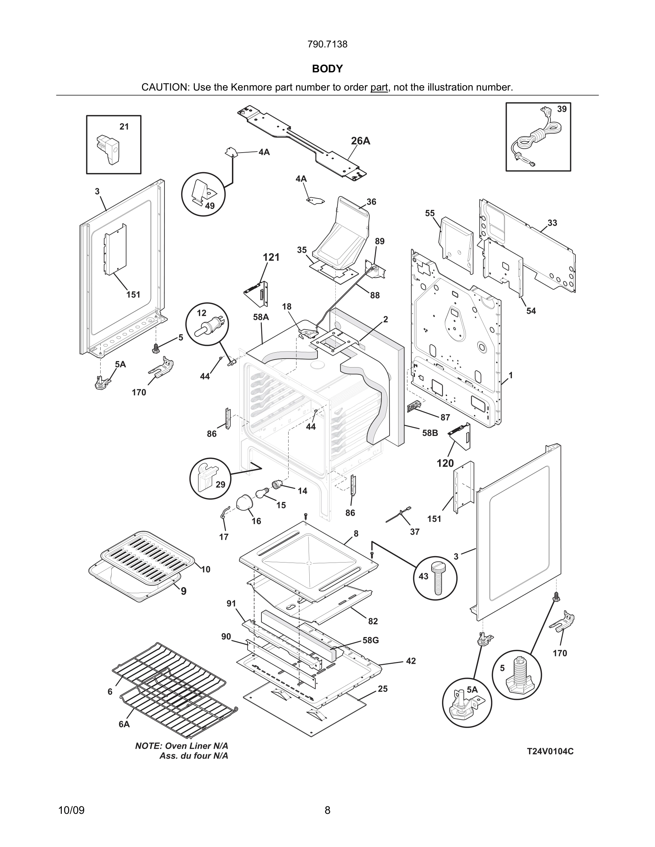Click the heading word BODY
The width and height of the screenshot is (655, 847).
pos(327,69)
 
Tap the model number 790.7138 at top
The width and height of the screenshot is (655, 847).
pos(327,44)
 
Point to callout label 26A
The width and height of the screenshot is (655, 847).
pos(360,141)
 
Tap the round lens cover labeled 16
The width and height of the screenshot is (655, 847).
pos(245,503)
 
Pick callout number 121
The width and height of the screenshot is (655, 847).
pos(271,257)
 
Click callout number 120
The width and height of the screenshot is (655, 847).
pos(445,463)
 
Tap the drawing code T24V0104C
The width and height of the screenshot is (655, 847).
pos(550,751)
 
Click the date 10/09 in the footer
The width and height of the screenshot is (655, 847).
pos(71,810)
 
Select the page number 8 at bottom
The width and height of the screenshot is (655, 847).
pos(327,810)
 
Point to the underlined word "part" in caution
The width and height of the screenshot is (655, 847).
pos(379,88)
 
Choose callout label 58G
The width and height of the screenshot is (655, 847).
pos(371,640)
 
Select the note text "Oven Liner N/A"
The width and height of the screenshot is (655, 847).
pos(196,746)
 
